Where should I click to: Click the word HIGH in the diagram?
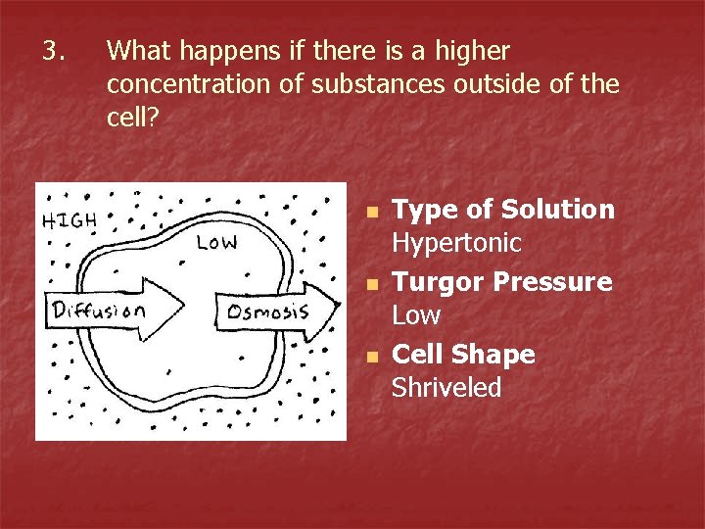70,220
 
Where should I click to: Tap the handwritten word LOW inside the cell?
216,242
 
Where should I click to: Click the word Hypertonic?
456,243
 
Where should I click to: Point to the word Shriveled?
446,388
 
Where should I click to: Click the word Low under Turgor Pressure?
416,315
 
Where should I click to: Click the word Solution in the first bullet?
558,210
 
